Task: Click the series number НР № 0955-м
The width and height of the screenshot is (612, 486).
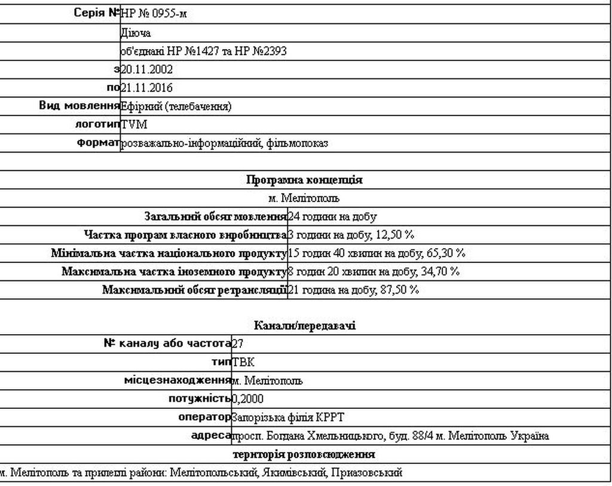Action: (x=154, y=14)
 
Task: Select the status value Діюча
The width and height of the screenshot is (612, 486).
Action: (x=136, y=33)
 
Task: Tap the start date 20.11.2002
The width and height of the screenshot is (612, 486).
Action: (x=146, y=69)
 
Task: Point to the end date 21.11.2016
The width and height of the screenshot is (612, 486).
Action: (x=146, y=88)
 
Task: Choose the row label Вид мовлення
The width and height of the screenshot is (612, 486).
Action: (x=79, y=106)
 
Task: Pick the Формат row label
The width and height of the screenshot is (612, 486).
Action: (x=98, y=143)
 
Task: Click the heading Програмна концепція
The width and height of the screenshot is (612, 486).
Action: (x=304, y=180)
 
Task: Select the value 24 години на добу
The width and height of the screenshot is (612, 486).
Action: (x=332, y=216)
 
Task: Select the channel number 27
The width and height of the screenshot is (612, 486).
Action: (x=237, y=344)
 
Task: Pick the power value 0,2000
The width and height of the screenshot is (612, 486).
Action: (x=247, y=399)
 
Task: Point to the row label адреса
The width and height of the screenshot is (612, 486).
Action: (x=210, y=436)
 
